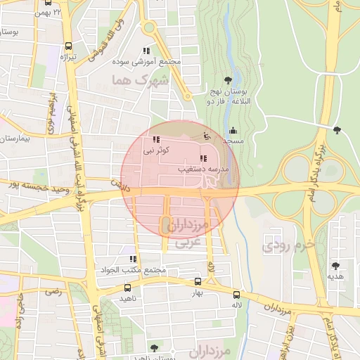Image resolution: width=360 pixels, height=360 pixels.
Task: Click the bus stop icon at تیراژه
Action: tap(68, 45)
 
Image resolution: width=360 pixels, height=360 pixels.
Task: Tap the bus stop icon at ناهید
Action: tap(127, 288)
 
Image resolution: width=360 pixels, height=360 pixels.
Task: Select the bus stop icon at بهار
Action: tap(198, 282)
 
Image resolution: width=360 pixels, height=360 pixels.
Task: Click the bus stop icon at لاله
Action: tap(236, 295)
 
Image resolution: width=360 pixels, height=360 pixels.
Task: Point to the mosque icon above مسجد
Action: tap(233, 130)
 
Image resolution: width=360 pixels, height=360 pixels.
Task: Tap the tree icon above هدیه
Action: tap(335, 265)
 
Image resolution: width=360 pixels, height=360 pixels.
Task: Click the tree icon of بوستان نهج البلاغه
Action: tap(227, 80)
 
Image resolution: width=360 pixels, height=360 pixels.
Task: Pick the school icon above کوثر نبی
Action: tap(155, 139)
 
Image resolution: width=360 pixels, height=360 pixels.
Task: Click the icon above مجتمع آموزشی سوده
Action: tap(146, 51)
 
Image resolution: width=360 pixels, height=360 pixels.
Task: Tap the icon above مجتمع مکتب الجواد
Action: tap(134, 259)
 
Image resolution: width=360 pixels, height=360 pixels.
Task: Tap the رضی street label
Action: tap(53, 290)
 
